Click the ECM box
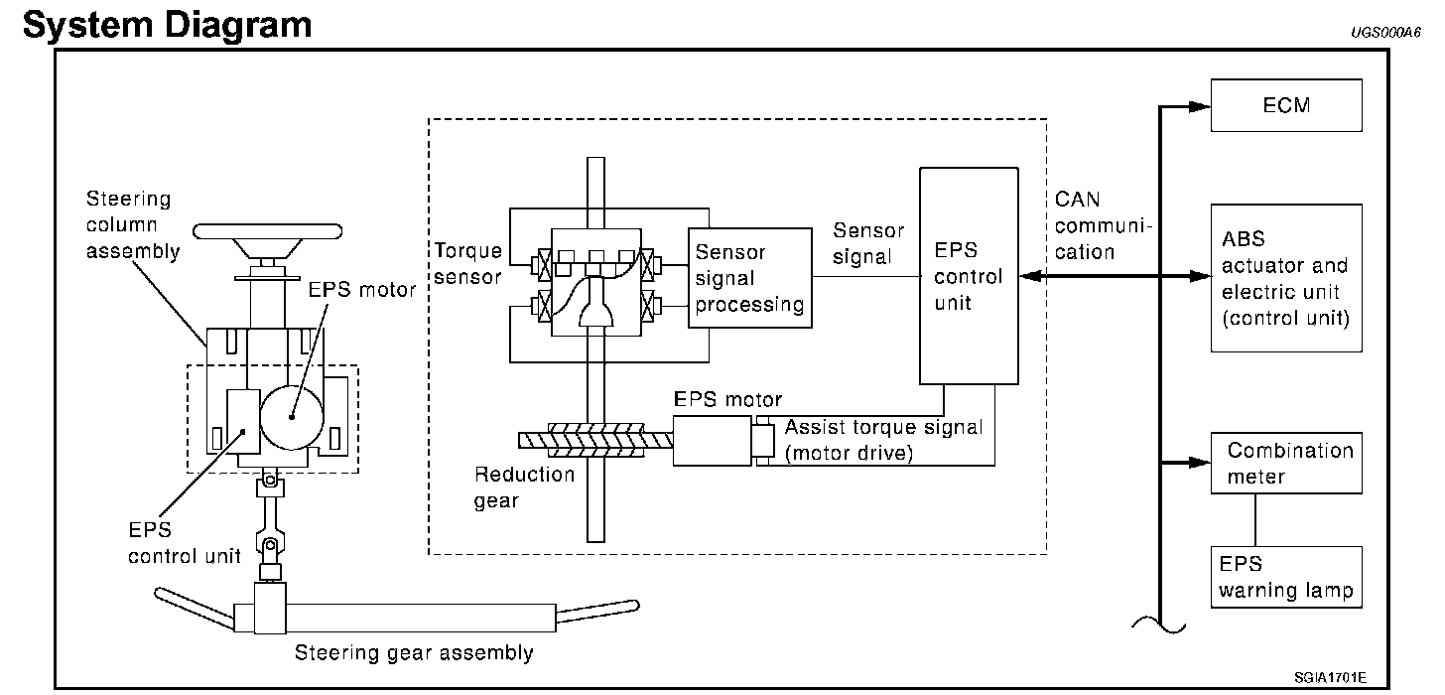1286,105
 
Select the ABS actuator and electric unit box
1286,278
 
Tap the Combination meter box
1286,464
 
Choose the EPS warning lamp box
1286,577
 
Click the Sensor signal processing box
749,277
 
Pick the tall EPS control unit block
969,276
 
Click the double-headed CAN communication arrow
1092,278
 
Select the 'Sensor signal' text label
868,243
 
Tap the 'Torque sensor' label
468,263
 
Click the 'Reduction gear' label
524,487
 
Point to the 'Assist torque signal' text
883,428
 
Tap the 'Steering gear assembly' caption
413,652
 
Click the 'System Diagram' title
167,24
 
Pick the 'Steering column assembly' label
132,225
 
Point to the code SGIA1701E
1330,678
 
